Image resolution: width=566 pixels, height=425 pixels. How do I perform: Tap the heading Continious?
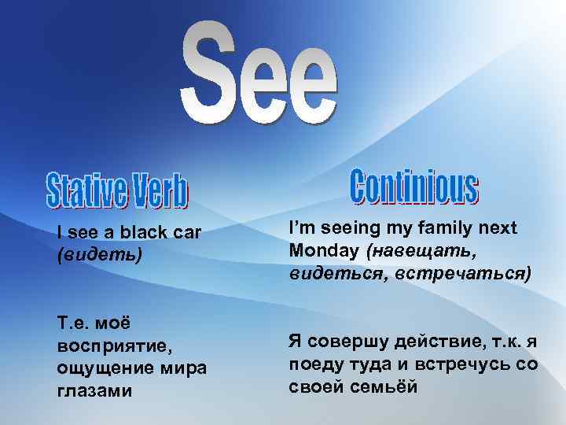click(x=413, y=187)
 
